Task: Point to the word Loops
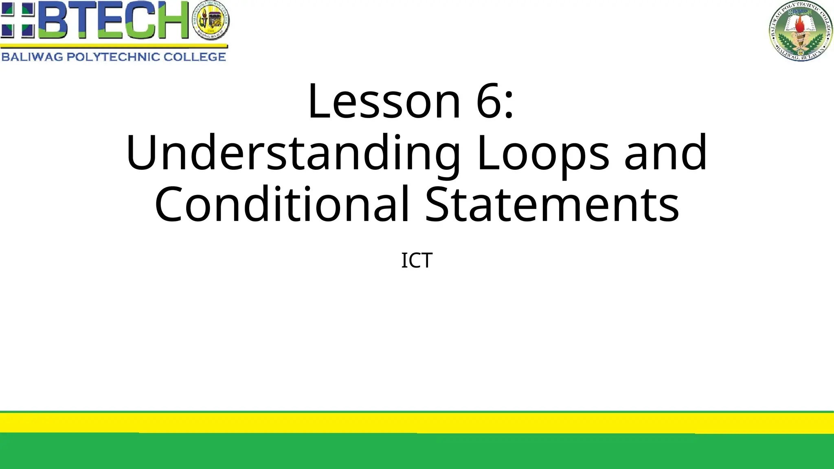tap(543, 153)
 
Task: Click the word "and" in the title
tap(666, 153)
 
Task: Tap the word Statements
tap(552, 204)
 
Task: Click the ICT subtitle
tap(417, 261)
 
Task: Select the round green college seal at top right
tap(800, 31)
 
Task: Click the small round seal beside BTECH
tap(211, 20)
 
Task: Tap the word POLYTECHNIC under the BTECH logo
tap(113, 57)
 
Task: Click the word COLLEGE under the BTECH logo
tap(195, 57)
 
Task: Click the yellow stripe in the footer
tap(417, 423)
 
